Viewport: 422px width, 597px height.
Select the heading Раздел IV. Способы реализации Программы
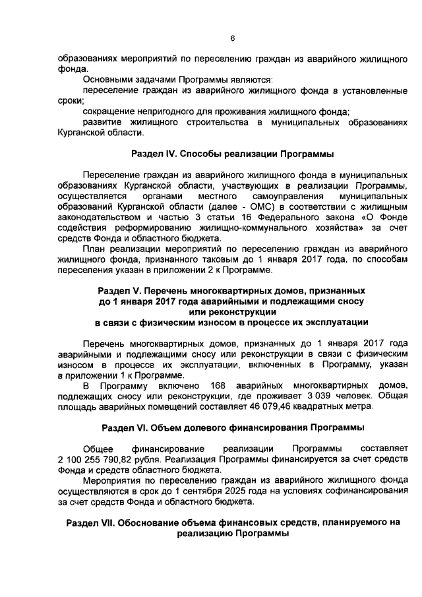[x=232, y=154]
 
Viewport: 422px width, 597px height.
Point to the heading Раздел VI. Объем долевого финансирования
[x=232, y=427]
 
